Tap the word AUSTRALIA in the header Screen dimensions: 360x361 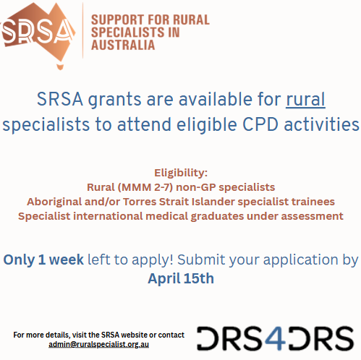(x=124, y=46)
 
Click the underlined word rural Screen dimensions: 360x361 (x=306, y=98)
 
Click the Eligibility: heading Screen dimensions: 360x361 (x=180, y=173)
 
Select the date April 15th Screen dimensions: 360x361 (x=181, y=278)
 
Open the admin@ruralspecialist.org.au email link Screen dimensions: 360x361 (x=99, y=345)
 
